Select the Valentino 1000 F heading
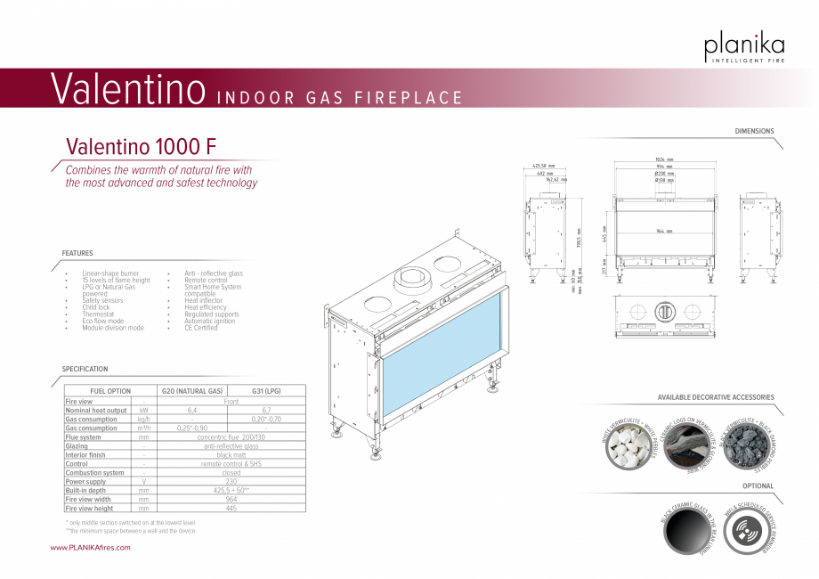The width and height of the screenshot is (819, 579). coord(141,146)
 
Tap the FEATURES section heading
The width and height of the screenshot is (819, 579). coord(77,254)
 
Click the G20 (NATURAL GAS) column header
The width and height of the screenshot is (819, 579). coord(191,391)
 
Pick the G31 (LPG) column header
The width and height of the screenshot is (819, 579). coord(266,391)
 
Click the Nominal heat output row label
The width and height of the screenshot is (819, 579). coord(96,410)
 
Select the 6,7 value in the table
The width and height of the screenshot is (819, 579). coord(266,410)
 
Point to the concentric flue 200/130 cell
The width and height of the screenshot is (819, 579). coord(231,437)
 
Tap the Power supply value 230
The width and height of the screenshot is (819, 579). coord(231,482)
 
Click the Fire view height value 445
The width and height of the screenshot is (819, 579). coord(231,509)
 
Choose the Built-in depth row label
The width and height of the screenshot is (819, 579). coord(85,491)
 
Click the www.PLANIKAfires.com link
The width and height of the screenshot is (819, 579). coord(91,548)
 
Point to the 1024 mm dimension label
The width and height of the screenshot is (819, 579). coord(664,160)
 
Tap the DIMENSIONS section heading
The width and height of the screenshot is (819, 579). coord(754,131)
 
